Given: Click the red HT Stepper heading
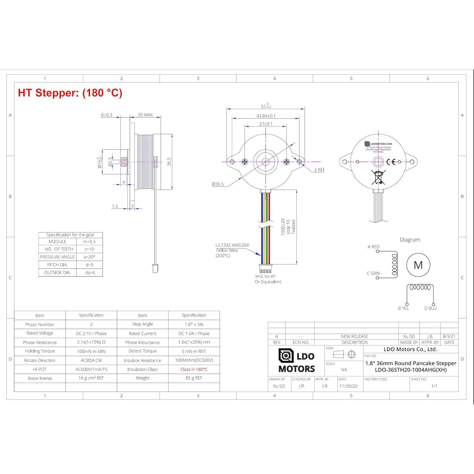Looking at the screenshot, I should click(70, 93).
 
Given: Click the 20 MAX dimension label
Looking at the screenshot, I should click(145, 115).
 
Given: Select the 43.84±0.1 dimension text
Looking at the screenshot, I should click(266, 116).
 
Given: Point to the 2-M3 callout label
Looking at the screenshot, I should click(319, 170).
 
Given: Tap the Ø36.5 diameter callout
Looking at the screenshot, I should click(218, 184).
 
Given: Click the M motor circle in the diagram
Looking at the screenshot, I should click(418, 265).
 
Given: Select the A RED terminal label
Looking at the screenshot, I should click(373, 247).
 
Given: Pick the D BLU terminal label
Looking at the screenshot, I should click(430, 308).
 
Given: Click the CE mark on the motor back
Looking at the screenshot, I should click(391, 162).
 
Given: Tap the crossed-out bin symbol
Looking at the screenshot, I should click(378, 177).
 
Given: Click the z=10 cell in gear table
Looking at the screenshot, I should click(89, 249).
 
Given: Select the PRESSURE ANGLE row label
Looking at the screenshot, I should click(57, 257).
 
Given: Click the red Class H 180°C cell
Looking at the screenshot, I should click(194, 369).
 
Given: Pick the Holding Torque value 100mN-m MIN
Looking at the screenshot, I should click(91, 351).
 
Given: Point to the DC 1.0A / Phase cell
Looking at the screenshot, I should click(194, 333).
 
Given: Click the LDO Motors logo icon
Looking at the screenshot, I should click(286, 356).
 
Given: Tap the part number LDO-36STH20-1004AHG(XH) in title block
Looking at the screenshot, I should click(410, 370).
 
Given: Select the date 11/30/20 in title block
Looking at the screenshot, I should click(348, 386).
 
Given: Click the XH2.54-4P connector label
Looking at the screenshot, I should click(265, 276).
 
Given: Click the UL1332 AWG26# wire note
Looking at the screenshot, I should click(232, 245).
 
